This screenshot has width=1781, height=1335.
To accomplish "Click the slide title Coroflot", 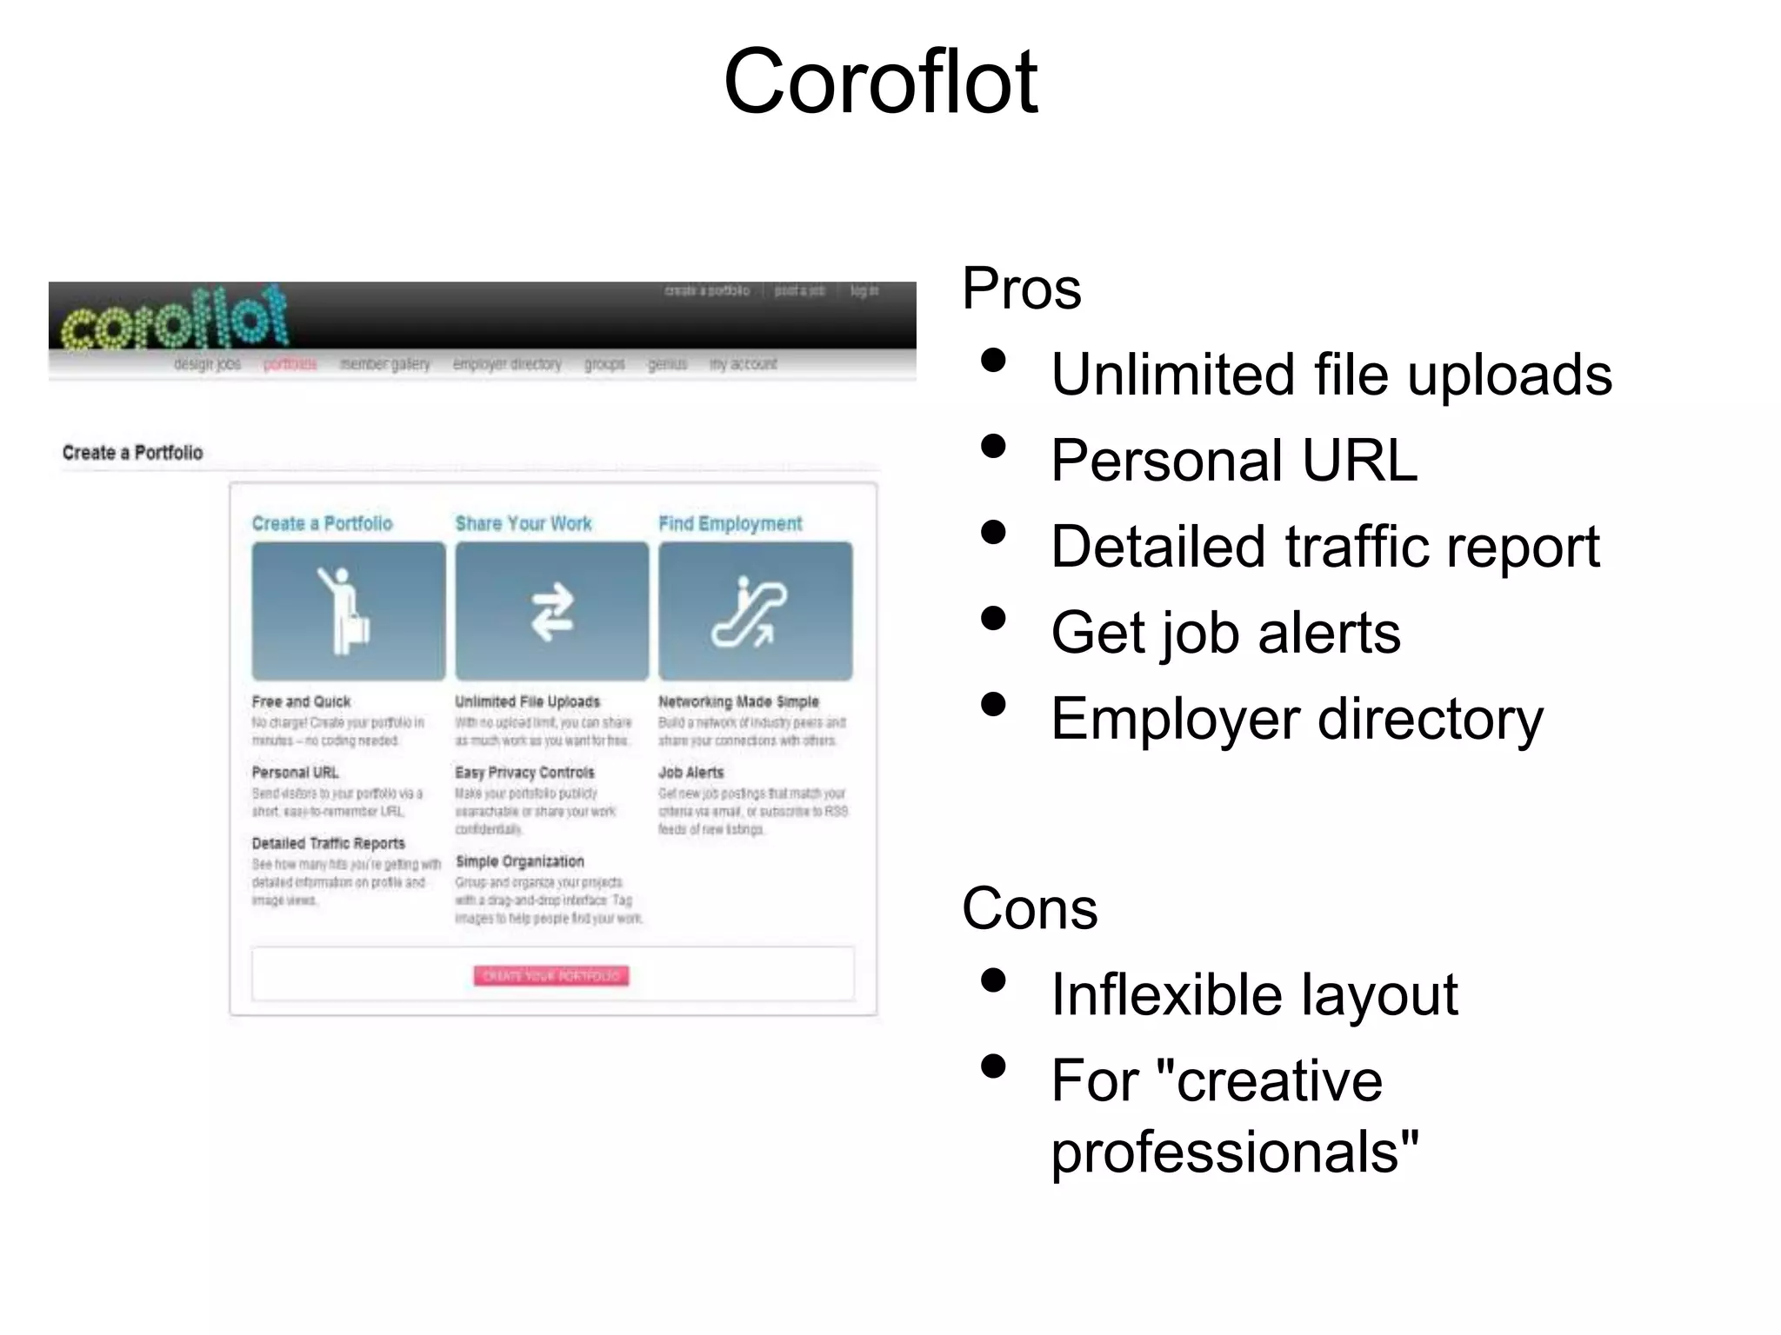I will [x=880, y=82].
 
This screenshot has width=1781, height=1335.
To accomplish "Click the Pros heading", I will [x=1021, y=289].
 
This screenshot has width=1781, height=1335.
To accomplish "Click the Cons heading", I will [x=1029, y=909].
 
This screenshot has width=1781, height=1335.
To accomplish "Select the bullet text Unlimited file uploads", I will [x=1331, y=375].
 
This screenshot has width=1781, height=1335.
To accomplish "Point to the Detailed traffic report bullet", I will [x=1324, y=547].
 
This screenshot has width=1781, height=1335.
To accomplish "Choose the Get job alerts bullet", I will [x=1225, y=633].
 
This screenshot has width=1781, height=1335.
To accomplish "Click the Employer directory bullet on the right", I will [x=1296, y=720].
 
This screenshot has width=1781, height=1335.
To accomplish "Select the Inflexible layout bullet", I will [x=1253, y=995].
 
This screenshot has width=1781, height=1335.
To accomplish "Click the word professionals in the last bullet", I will [x=1233, y=1152].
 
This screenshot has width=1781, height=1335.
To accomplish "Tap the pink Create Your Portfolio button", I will [x=551, y=976].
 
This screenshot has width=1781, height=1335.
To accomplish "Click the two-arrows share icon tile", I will [x=551, y=611].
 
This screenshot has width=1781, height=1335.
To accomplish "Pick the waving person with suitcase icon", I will [x=348, y=611].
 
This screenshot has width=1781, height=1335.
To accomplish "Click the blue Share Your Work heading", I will [x=523, y=523].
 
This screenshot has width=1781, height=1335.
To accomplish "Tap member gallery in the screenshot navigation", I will [x=384, y=364].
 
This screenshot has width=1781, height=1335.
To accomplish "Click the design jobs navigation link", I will [x=207, y=364].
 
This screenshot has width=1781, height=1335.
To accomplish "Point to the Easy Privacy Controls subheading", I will [x=524, y=773].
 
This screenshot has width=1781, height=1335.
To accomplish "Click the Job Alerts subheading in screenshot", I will [x=690, y=773].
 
